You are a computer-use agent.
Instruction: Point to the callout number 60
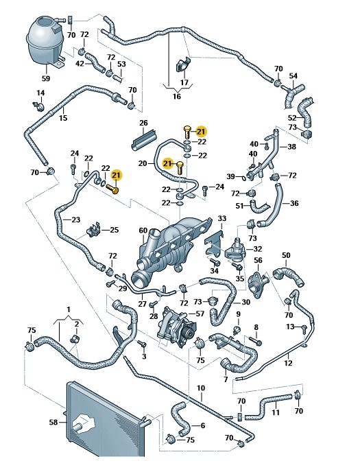[x=143, y=231]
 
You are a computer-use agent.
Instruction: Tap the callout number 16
[x=177, y=97]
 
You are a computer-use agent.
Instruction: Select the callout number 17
[x=184, y=83]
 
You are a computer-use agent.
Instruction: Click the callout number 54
[x=293, y=75]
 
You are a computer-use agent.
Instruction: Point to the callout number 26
[x=144, y=123]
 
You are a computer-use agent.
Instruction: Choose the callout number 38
[x=292, y=146]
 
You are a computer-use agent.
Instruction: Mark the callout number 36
[x=294, y=203]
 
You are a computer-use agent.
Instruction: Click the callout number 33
[x=221, y=219]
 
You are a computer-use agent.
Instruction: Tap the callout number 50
[x=286, y=255]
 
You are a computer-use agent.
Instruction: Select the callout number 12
[x=288, y=363]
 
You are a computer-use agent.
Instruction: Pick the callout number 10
[x=201, y=388]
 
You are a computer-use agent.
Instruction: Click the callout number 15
[x=63, y=118]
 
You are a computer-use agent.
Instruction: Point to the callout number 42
[x=80, y=64]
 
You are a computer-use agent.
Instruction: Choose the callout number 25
[x=114, y=230]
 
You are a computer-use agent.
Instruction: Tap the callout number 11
[x=275, y=412]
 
